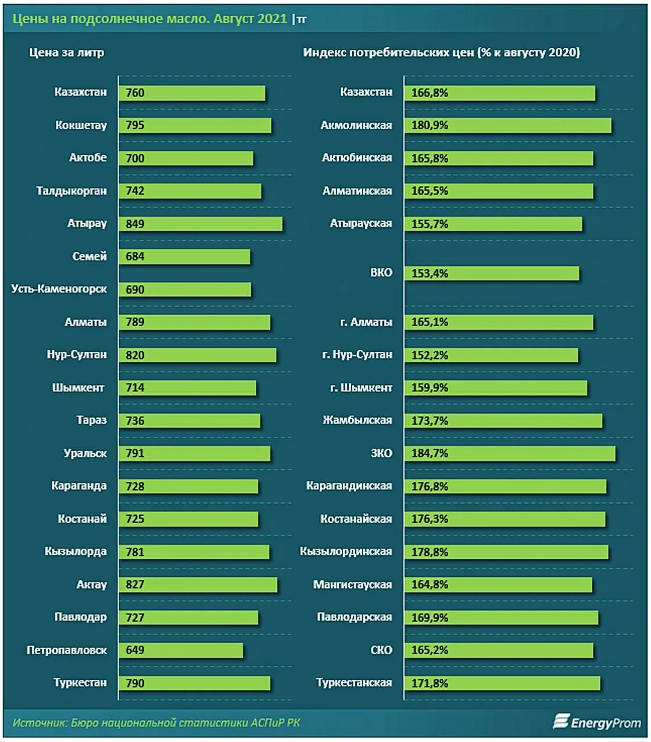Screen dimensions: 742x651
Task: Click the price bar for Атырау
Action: coord(201,224)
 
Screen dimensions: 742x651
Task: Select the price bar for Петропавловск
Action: coord(181,650)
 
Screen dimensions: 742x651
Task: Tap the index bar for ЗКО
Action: coord(510,453)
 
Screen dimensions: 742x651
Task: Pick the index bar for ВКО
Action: coord(492,273)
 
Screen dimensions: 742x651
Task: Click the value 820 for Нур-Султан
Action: coord(135,355)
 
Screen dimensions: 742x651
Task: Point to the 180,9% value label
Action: coord(430,125)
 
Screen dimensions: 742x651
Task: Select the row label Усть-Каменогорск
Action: coord(59,289)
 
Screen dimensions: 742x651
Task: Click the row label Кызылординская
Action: coord(346,551)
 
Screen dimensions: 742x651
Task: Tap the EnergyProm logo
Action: coord(597,722)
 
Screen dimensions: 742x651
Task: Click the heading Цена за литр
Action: coord(67,52)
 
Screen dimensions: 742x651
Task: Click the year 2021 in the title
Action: coord(273,19)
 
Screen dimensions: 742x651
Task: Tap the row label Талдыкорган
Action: coord(71,191)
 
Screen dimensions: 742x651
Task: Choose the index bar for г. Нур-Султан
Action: coord(491,355)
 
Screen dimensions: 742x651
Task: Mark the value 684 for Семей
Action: coord(135,256)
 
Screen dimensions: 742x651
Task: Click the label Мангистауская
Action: coord(352,584)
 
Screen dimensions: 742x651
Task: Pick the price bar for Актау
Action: coord(198,584)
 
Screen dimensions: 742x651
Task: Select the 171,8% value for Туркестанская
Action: coord(430,683)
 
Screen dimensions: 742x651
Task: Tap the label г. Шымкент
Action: coord(361,388)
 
